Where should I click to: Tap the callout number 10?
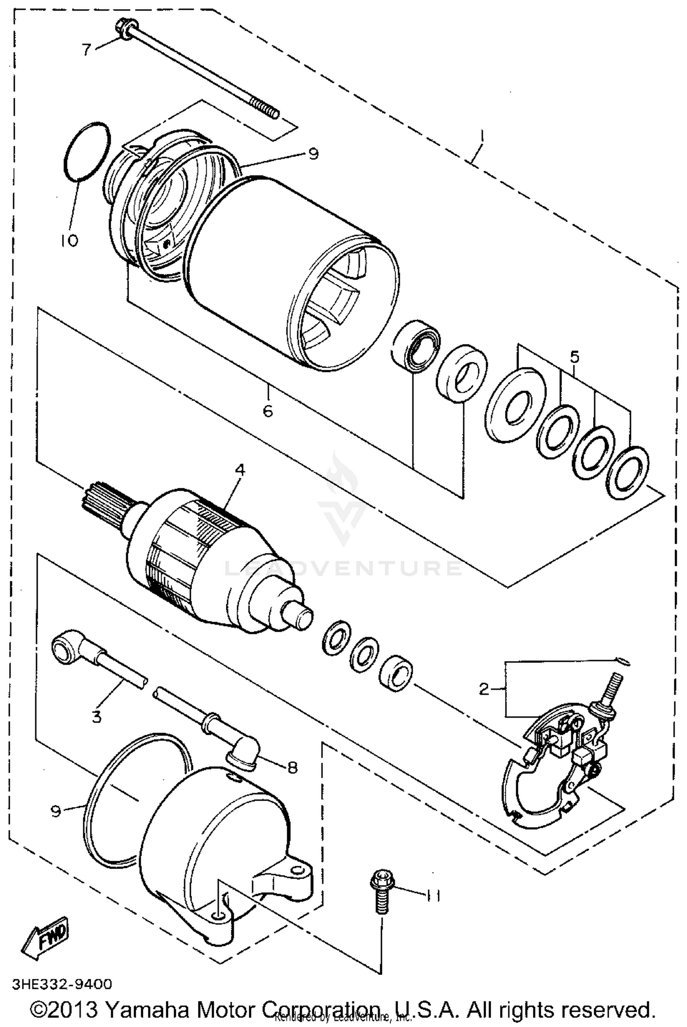pos(69,240)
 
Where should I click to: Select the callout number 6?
pos(268,410)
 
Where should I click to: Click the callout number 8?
pos(292,767)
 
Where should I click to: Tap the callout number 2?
pos(484,688)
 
